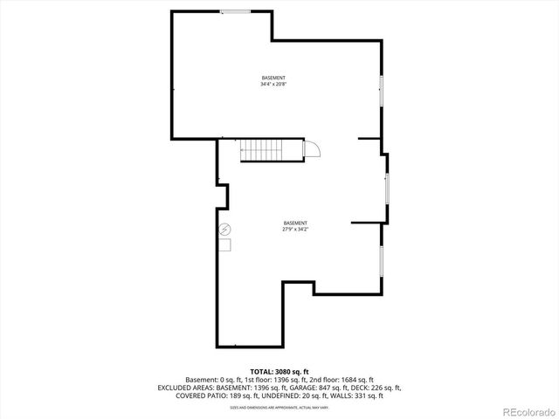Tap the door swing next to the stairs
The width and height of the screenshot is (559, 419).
click(312, 148)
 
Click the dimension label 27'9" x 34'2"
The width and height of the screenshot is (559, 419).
click(296, 230)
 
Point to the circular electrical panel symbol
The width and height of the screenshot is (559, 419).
click(224, 230)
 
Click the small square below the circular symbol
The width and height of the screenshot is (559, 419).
click(224, 246)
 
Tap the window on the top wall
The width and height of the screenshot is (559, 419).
click(235, 11)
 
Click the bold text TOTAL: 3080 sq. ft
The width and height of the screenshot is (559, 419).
click(279, 372)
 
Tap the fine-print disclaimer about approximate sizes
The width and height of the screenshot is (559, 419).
click(279, 407)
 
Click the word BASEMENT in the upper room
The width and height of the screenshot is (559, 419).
click(273, 78)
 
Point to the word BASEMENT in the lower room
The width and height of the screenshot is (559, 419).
click(296, 223)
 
